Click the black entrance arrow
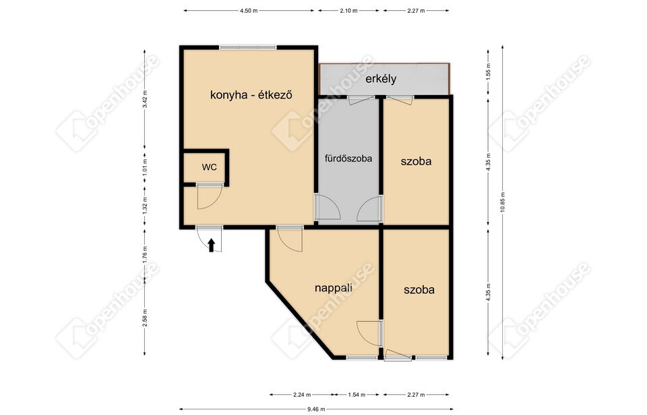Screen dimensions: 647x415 (211, 245)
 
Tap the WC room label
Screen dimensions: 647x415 (209, 167)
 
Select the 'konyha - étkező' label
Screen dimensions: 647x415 (251, 94)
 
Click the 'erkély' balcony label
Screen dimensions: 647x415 (381, 78)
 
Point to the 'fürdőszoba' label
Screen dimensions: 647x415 (348, 159)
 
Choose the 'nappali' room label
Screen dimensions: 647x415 (334, 287)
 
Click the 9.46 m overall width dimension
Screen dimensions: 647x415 (316, 410)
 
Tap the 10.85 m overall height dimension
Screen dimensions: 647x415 (503, 202)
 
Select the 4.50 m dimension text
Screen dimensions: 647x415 (249, 11)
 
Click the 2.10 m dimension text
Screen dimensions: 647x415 (348, 11)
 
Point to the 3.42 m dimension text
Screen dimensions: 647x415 (144, 99)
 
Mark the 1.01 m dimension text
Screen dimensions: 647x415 (144, 168)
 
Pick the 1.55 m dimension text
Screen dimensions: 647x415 (488, 71)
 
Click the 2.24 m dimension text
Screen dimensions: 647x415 (302, 395)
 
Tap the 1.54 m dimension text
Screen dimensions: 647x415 (357, 395)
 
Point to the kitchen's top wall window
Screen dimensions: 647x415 (247, 47)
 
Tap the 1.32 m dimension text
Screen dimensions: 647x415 (144, 205)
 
